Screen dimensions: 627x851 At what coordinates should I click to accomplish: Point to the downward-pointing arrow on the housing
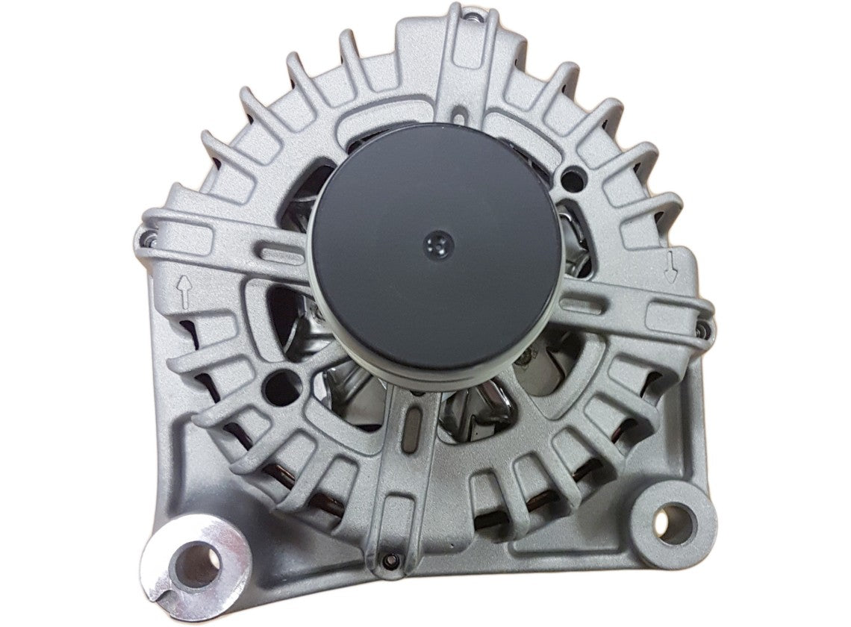671,265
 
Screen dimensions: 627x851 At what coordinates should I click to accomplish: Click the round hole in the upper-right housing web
572,178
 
